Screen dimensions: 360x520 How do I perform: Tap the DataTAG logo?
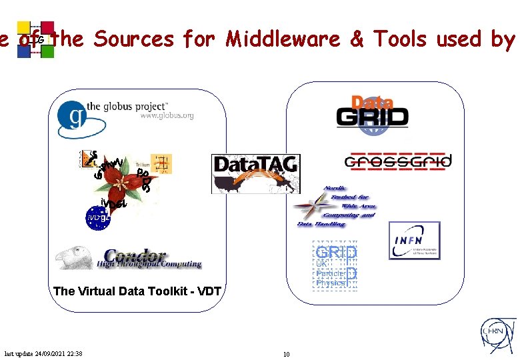(x=255, y=173)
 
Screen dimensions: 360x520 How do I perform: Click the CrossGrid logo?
(x=398, y=161)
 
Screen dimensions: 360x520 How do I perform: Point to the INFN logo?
(x=414, y=240)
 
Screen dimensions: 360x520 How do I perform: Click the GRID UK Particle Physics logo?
(x=336, y=266)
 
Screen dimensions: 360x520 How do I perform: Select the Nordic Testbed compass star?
(x=310, y=207)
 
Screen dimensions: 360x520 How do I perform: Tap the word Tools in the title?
(x=400, y=39)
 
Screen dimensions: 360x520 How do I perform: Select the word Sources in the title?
(x=133, y=39)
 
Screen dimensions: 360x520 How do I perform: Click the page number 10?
(x=286, y=354)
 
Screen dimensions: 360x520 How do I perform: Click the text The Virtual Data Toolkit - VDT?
(x=137, y=291)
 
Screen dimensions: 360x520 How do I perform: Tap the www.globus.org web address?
(x=167, y=115)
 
